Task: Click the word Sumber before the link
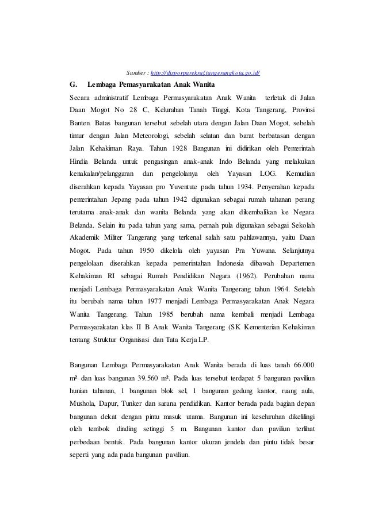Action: click(x=136, y=73)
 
